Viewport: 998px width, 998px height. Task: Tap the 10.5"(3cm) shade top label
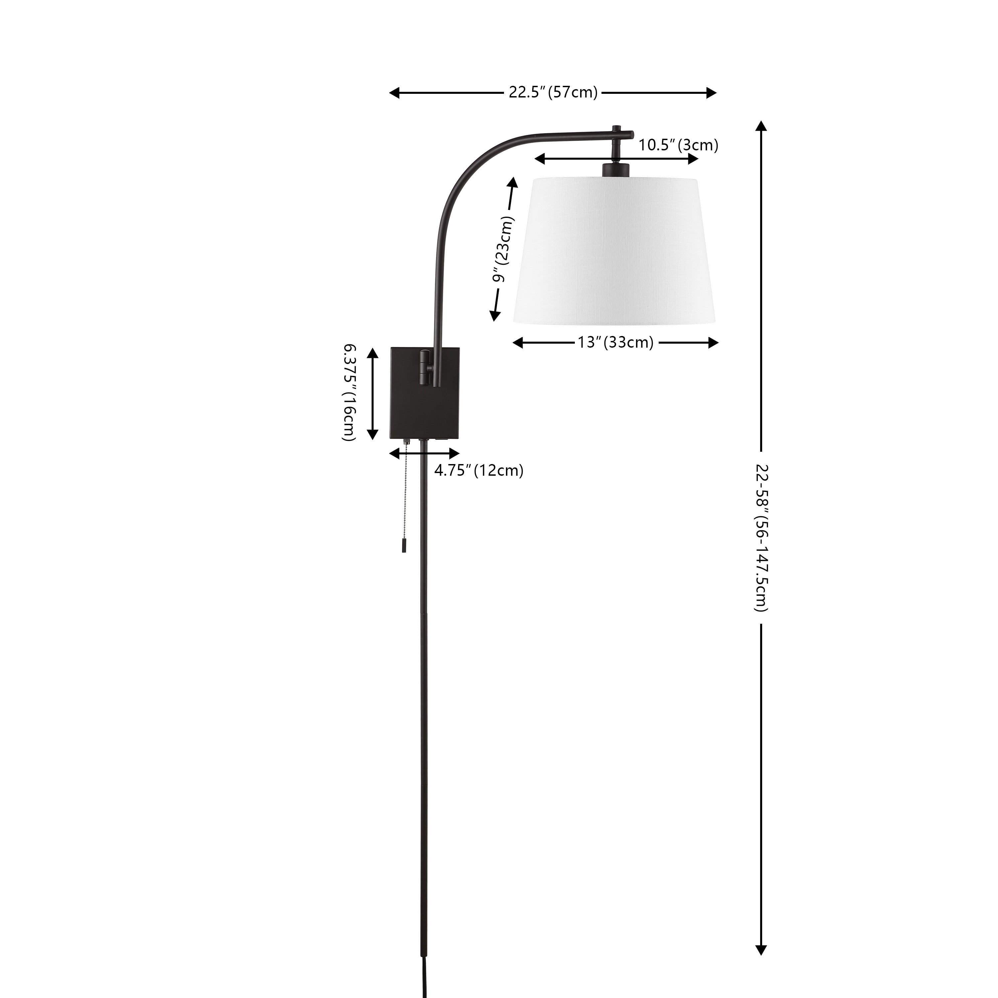[x=678, y=145]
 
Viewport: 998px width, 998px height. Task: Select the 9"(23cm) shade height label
[x=504, y=249]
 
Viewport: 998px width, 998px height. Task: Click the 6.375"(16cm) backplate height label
[x=349, y=393]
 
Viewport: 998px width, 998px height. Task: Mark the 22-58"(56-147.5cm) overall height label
[x=761, y=538]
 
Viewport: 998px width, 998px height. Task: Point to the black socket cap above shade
[x=616, y=169]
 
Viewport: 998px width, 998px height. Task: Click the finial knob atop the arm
[x=616, y=128]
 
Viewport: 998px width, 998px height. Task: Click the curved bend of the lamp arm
[x=465, y=170]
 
